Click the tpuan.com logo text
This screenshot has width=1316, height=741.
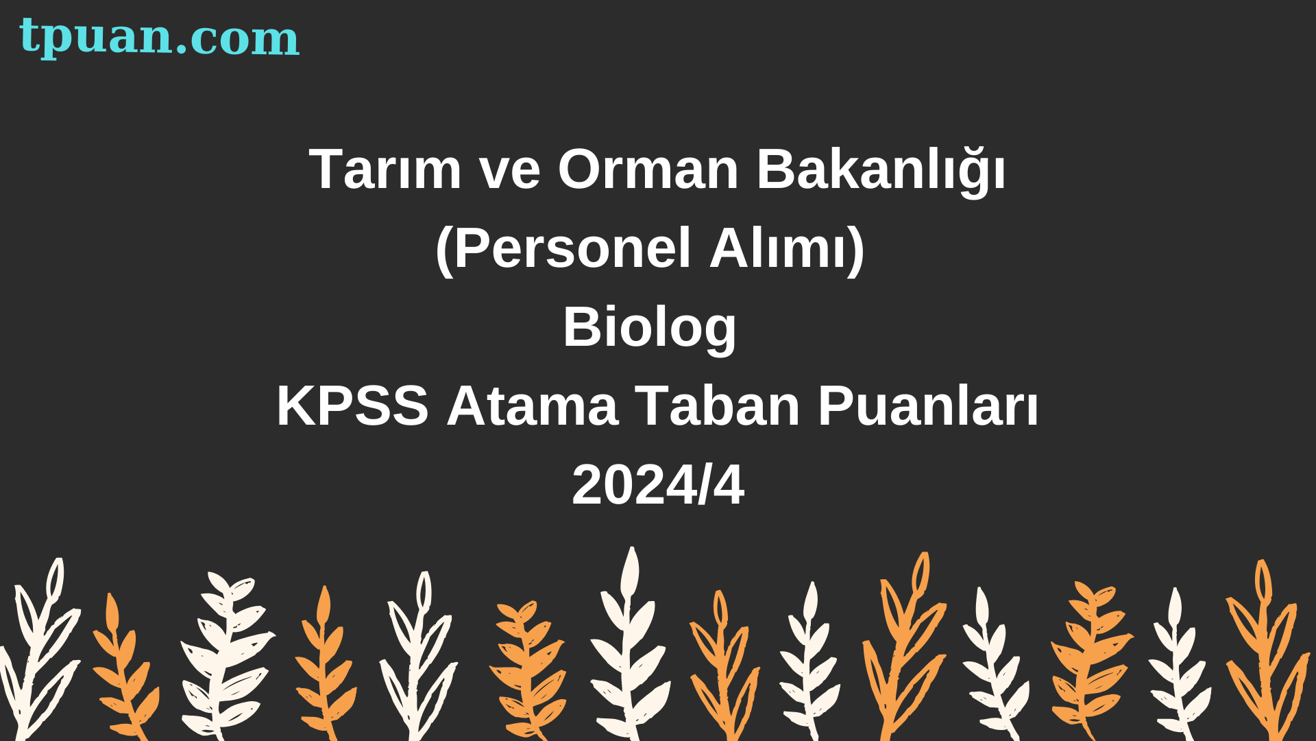(x=159, y=37)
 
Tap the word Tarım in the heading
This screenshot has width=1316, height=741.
(x=385, y=169)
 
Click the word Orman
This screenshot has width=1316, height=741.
(x=648, y=169)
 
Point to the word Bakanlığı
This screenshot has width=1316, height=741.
(x=881, y=172)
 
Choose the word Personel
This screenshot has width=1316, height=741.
(x=572, y=248)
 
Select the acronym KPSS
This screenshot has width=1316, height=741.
(x=352, y=406)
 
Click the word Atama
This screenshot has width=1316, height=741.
(x=533, y=406)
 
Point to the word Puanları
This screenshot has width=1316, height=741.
(x=928, y=406)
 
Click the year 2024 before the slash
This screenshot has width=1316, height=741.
(x=634, y=485)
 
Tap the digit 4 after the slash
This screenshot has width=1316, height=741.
(x=729, y=485)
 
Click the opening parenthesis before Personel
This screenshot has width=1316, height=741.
(x=444, y=251)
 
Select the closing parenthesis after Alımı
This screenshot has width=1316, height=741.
(x=857, y=251)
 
